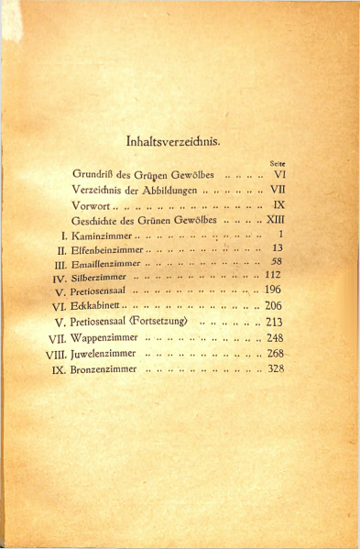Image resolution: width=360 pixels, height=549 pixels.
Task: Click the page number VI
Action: [x=280, y=173]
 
